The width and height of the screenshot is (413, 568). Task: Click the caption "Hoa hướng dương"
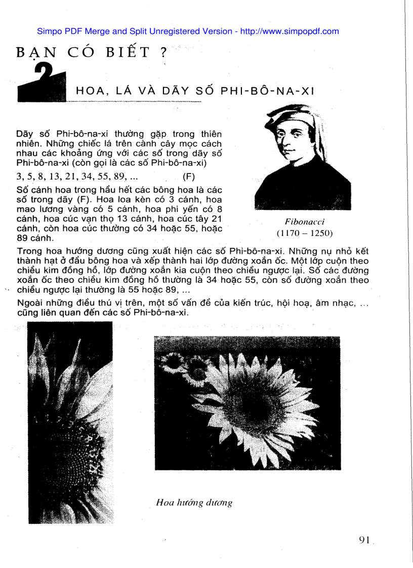[x=194, y=502]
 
